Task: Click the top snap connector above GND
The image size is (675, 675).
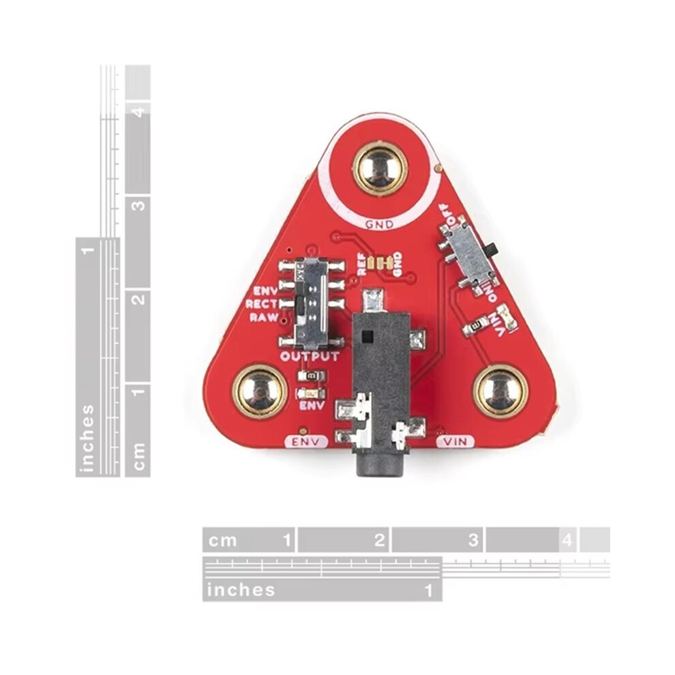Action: [379, 168]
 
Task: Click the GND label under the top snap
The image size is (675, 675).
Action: [379, 224]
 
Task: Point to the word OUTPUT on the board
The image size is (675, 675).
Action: [310, 357]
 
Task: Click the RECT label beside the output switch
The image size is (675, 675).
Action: [261, 304]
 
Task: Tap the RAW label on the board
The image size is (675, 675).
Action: [264, 318]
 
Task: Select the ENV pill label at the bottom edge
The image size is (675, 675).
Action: [305, 442]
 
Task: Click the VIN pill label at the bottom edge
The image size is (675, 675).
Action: [456, 442]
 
